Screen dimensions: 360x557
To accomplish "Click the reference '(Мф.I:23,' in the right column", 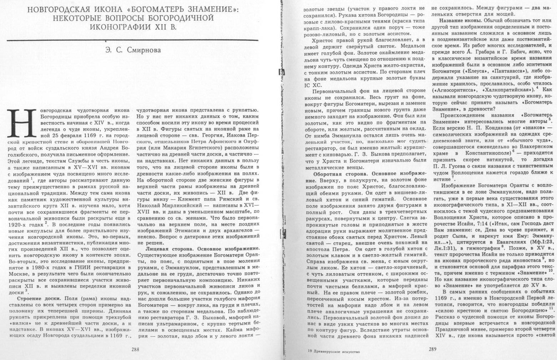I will point(536,241).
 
